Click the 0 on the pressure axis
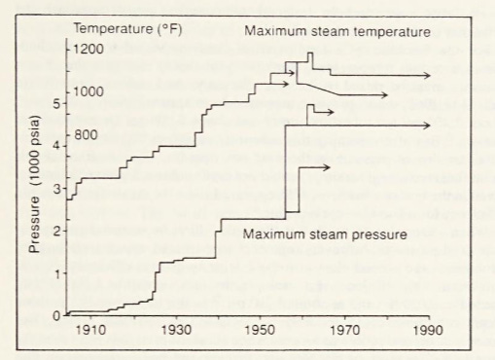[x=56, y=314]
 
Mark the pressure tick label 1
[x=56, y=273]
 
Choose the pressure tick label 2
[x=56, y=231]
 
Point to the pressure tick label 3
[x=56, y=188]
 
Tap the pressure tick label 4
[x=56, y=146]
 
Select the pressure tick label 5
[x=56, y=103]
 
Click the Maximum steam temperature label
[x=336, y=32]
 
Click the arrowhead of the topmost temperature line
[x=429, y=75]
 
